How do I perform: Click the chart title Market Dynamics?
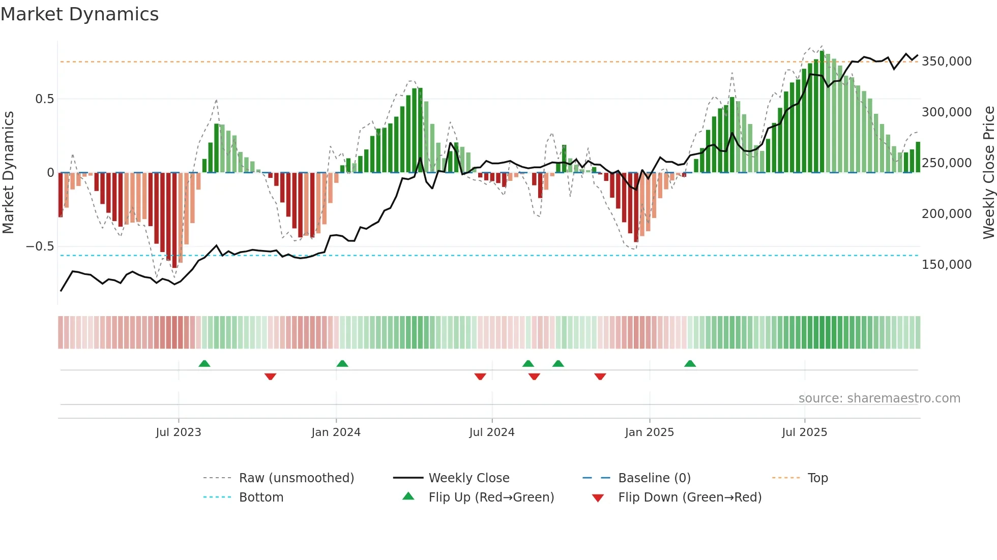click(x=79, y=14)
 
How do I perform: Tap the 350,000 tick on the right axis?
click(x=946, y=61)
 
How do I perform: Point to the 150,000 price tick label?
click(x=946, y=265)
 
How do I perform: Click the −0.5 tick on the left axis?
click(x=40, y=246)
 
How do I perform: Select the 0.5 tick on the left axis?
click(x=44, y=99)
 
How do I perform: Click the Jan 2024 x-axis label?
click(x=336, y=432)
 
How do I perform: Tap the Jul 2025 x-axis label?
click(x=804, y=432)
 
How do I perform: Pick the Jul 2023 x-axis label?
click(x=179, y=432)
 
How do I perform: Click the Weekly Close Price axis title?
click(x=988, y=173)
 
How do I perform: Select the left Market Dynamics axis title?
click(x=9, y=173)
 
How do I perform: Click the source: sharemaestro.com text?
click(x=879, y=398)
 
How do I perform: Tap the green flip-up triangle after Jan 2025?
click(x=690, y=364)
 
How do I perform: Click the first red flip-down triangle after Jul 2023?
click(x=270, y=377)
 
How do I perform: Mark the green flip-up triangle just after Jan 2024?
click(x=342, y=364)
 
